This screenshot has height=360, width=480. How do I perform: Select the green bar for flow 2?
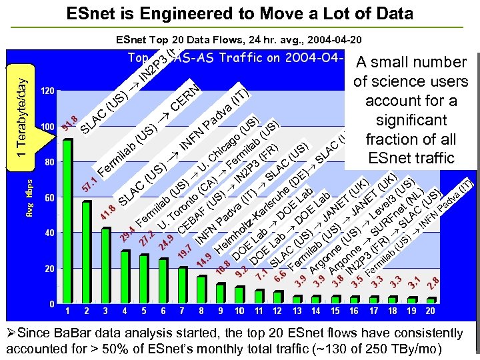pyautogui.click(x=87, y=253)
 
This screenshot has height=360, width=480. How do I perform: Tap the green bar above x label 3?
pyautogui.click(x=106, y=266)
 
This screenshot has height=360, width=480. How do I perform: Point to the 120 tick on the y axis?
pyautogui.click(x=47, y=91)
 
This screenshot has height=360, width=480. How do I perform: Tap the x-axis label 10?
pyautogui.click(x=239, y=311)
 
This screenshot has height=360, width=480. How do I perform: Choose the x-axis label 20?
pyautogui.click(x=431, y=311)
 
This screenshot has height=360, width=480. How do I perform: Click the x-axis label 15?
pyautogui.click(x=335, y=311)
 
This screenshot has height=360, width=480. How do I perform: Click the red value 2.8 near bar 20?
pyautogui.click(x=433, y=283)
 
